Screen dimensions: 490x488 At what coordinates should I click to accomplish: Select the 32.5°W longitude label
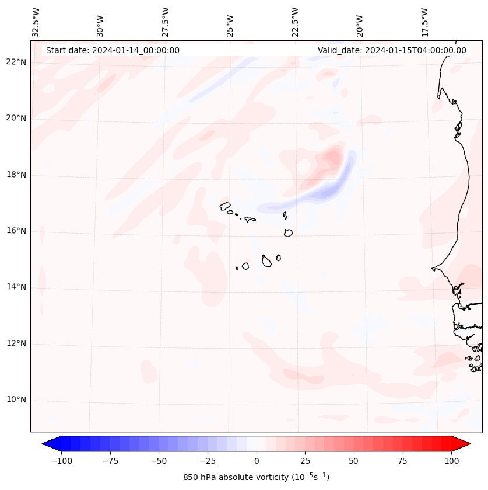36,22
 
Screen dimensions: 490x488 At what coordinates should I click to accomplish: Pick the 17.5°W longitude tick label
424,22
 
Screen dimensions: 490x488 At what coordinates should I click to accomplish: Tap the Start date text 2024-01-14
113,50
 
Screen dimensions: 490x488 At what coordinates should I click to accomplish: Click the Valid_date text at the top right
392,50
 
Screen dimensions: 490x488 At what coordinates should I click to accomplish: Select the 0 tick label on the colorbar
257,461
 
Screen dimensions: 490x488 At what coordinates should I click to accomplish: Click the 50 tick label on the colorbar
354,461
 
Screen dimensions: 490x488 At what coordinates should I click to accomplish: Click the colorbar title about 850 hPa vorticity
257,477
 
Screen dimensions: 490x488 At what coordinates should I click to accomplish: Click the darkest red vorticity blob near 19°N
333,156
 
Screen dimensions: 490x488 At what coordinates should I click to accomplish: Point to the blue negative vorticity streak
326,190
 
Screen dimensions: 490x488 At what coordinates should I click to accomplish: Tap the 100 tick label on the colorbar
451,461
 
